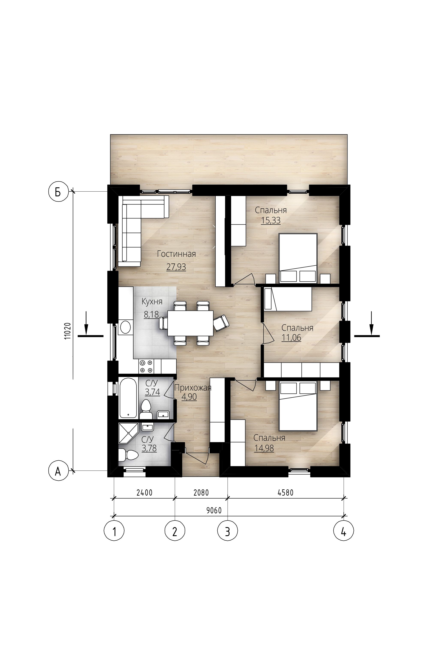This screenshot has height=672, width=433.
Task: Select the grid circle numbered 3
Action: [x=227, y=531]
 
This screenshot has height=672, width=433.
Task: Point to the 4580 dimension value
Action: [x=286, y=492]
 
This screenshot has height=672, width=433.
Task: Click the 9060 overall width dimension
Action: [x=214, y=510]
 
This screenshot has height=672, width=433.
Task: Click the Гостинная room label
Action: [x=176, y=254]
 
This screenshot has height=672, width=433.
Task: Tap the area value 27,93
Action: [x=176, y=267]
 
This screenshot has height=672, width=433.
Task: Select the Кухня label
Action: [x=152, y=302]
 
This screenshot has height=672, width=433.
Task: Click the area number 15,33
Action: [x=271, y=220]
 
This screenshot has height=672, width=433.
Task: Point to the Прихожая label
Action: [x=193, y=388]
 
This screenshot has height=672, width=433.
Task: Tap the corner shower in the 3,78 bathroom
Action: [x=128, y=433]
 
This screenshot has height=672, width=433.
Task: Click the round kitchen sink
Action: [x=125, y=327]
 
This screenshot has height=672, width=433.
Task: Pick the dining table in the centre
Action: [x=190, y=323]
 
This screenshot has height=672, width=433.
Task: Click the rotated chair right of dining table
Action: [x=221, y=323]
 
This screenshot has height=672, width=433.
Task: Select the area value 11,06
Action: [x=291, y=337]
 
